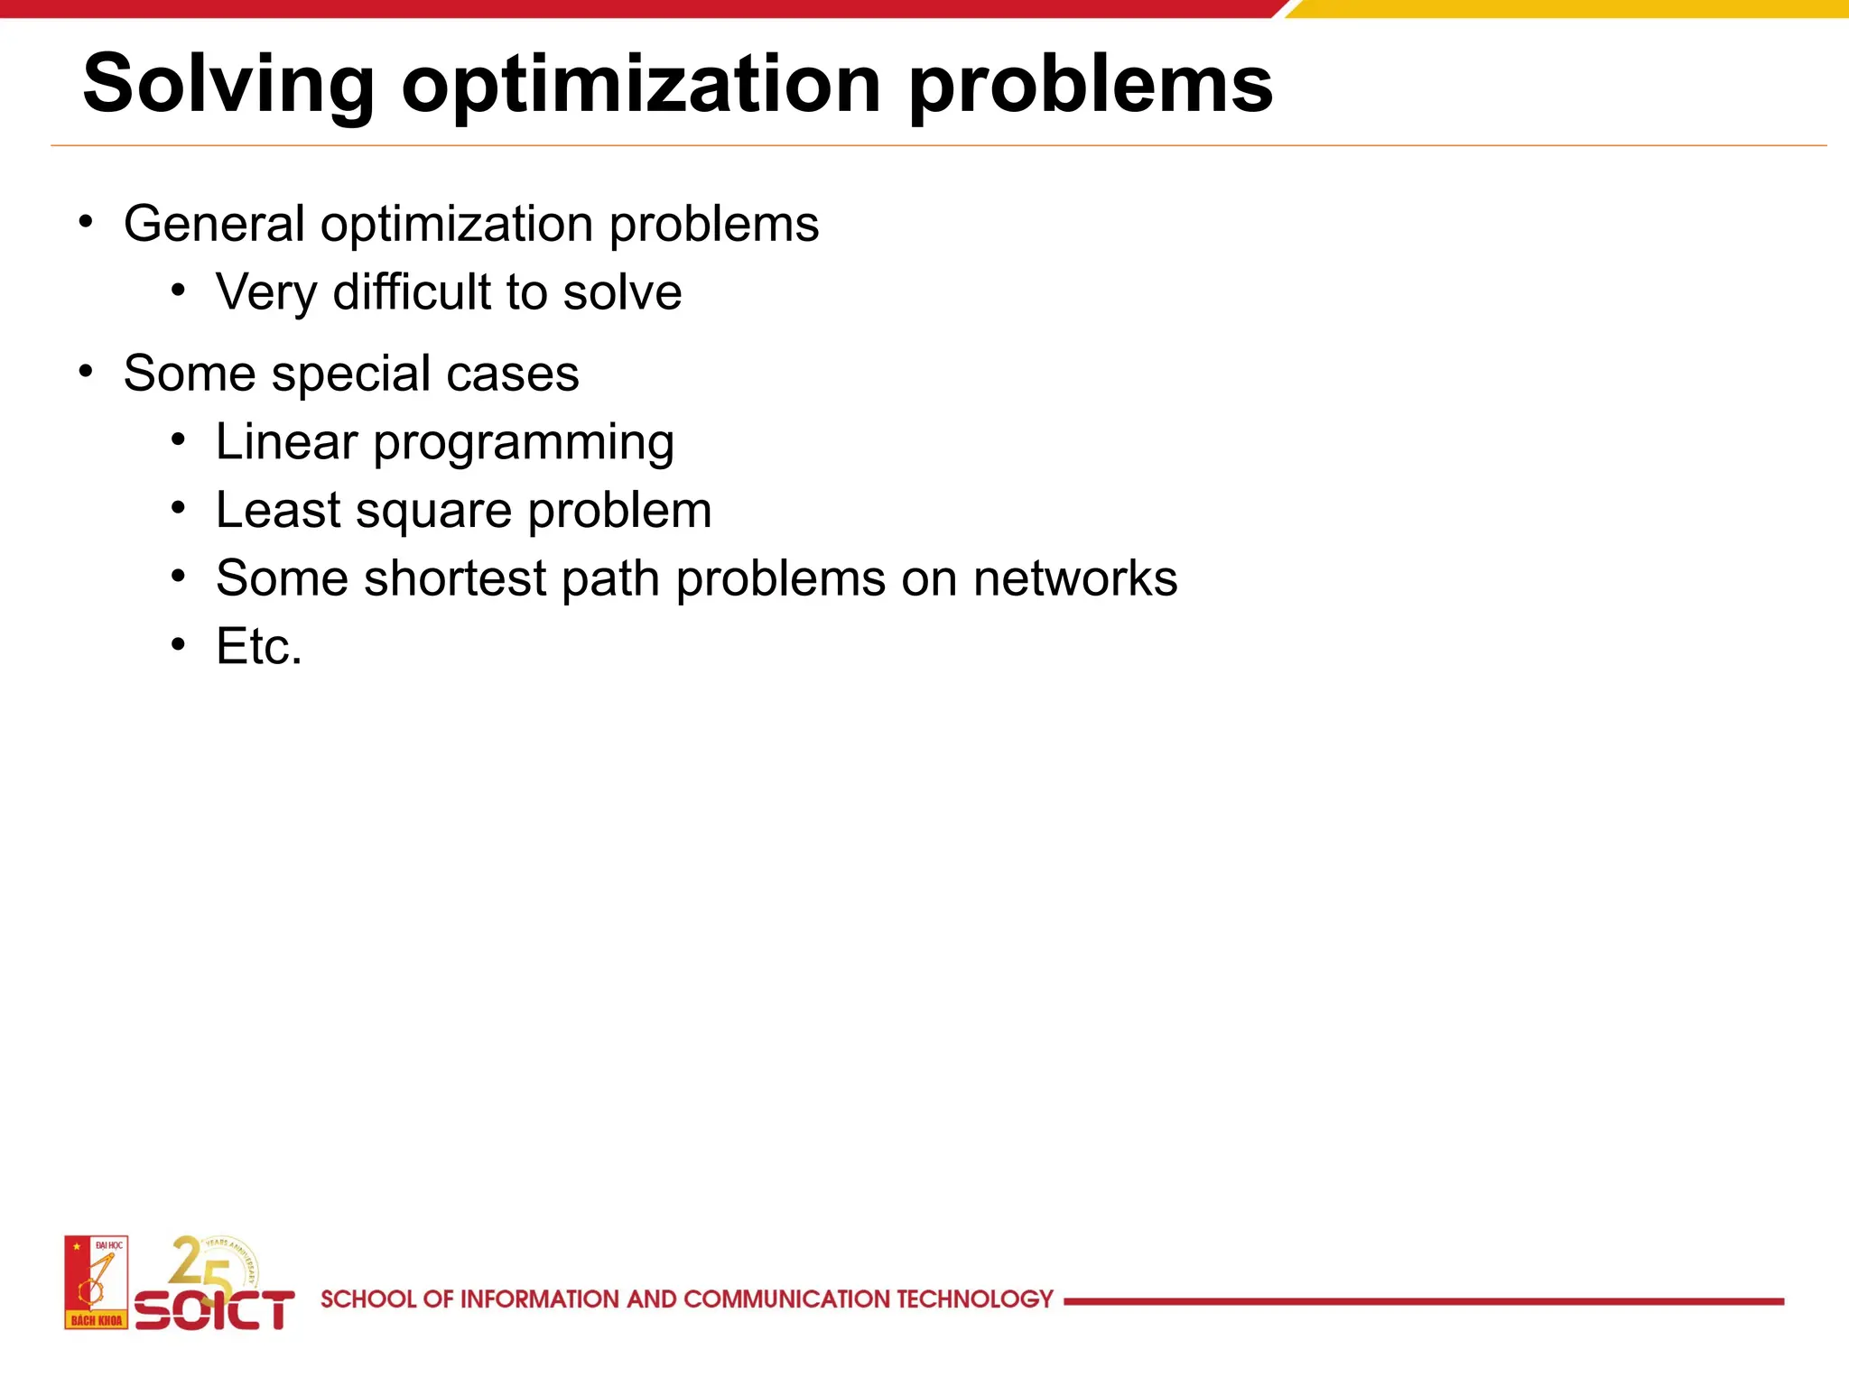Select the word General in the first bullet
215,224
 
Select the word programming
524,444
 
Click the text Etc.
259,647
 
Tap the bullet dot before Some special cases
86,372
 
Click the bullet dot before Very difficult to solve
179,291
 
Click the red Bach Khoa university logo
96,1282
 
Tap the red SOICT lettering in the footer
215,1309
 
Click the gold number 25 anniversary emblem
213,1263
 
